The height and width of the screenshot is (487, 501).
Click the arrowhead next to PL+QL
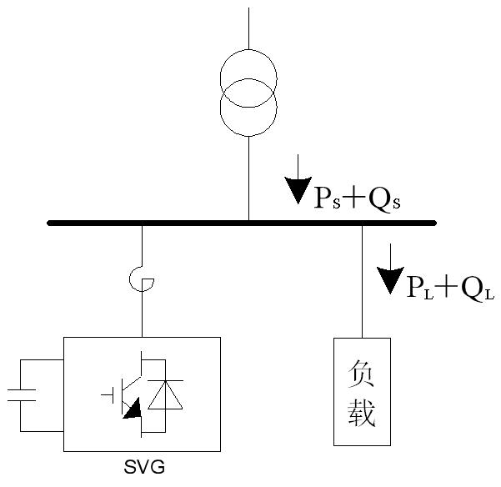[389, 280]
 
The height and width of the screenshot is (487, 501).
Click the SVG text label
[143, 467]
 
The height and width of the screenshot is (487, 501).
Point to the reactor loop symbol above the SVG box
[143, 284]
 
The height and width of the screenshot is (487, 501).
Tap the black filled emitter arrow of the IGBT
[132, 409]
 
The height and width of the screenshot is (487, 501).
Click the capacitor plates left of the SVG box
[23, 395]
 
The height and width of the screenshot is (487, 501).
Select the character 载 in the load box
[361, 413]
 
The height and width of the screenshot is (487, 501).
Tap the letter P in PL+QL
[415, 287]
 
